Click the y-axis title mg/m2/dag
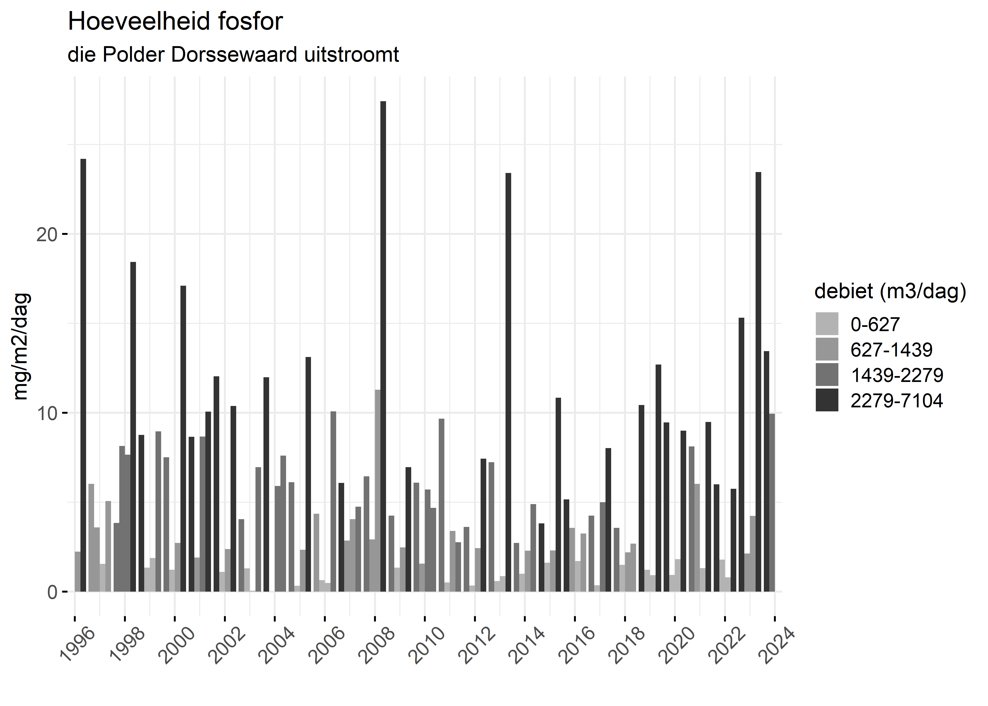coord(21,346)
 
